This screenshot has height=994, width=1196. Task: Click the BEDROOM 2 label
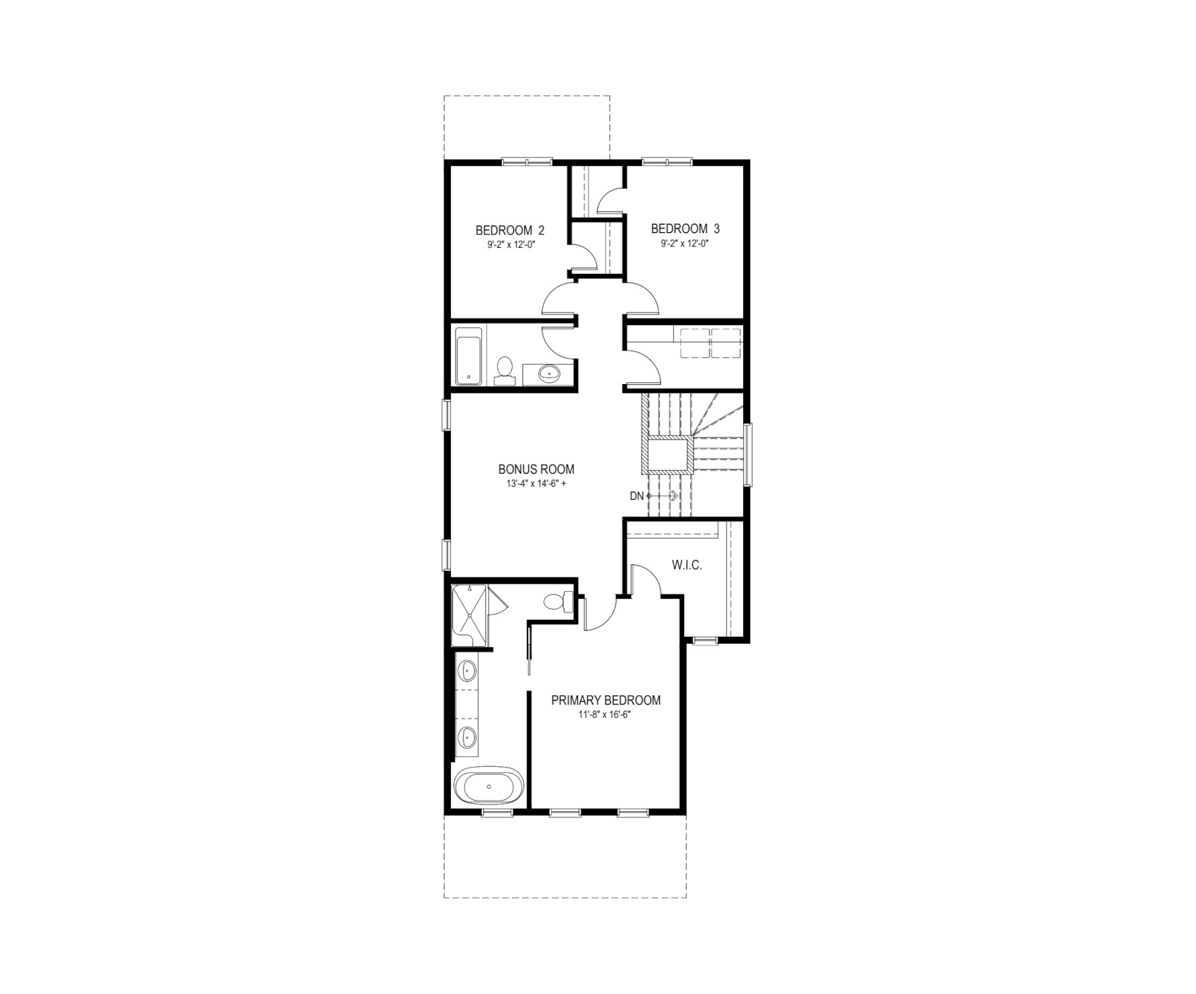pyautogui.click(x=509, y=230)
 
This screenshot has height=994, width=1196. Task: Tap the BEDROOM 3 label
pyautogui.click(x=685, y=229)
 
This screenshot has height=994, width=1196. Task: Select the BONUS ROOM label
pyautogui.click(x=536, y=469)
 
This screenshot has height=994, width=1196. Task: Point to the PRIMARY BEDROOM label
pyautogui.click(x=605, y=701)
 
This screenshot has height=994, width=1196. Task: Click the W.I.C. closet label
pyautogui.click(x=687, y=566)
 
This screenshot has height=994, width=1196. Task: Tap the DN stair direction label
pyautogui.click(x=636, y=496)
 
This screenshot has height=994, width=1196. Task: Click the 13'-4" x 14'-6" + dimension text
pyautogui.click(x=536, y=484)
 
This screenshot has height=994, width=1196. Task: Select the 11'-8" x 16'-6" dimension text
pyautogui.click(x=605, y=715)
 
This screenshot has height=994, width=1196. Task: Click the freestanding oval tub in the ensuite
pyautogui.click(x=488, y=785)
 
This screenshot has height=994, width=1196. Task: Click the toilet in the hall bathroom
pyautogui.click(x=504, y=371)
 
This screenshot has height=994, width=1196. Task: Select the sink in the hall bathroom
pyautogui.click(x=549, y=373)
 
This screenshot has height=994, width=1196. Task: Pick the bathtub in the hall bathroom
pyautogui.click(x=469, y=357)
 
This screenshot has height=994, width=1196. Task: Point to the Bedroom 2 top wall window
pyautogui.click(x=527, y=161)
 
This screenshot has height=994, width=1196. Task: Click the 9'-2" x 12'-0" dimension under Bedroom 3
pyautogui.click(x=685, y=243)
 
